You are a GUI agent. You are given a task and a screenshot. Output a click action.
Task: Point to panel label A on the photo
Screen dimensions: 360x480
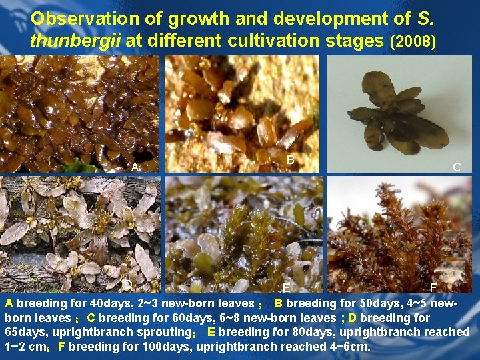click(135, 167)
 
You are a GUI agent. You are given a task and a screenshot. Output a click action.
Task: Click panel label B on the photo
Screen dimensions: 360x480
click(290, 160)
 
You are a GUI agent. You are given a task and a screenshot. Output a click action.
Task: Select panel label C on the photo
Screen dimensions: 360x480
click(457, 167)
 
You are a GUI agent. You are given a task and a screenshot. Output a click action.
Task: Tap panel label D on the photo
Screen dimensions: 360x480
click(127, 285)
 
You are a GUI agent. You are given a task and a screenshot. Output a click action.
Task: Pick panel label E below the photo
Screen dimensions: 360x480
click(285, 289)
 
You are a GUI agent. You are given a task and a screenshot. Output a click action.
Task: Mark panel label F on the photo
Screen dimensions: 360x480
click(433, 288)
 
